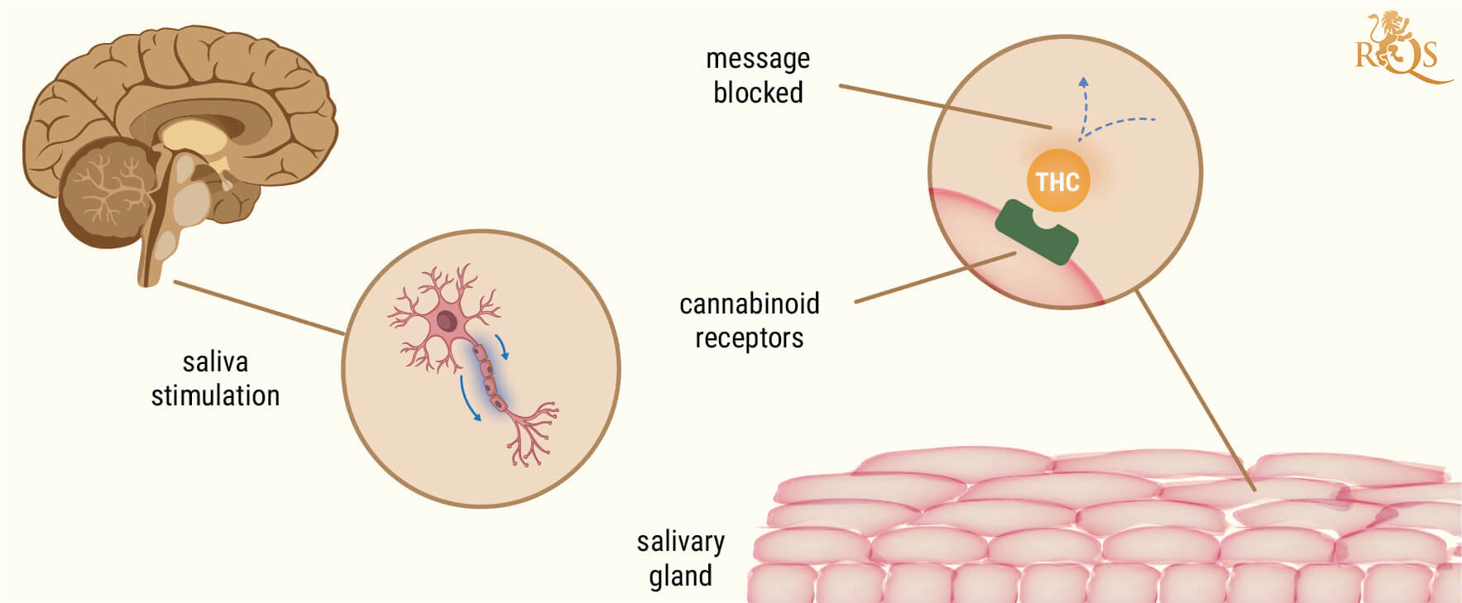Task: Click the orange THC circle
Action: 1057,181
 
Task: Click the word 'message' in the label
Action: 758,60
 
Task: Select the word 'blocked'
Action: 758,93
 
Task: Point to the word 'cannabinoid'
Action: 749,304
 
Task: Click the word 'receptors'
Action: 749,337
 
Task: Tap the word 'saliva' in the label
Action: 215,362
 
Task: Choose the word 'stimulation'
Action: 215,395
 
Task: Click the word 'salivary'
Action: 680,542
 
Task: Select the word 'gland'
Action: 680,576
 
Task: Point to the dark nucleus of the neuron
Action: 447,321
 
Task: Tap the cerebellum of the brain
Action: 106,192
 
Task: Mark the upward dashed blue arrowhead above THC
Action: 1083,82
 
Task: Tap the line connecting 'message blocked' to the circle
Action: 943,106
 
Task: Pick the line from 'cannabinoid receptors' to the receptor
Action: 935,277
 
